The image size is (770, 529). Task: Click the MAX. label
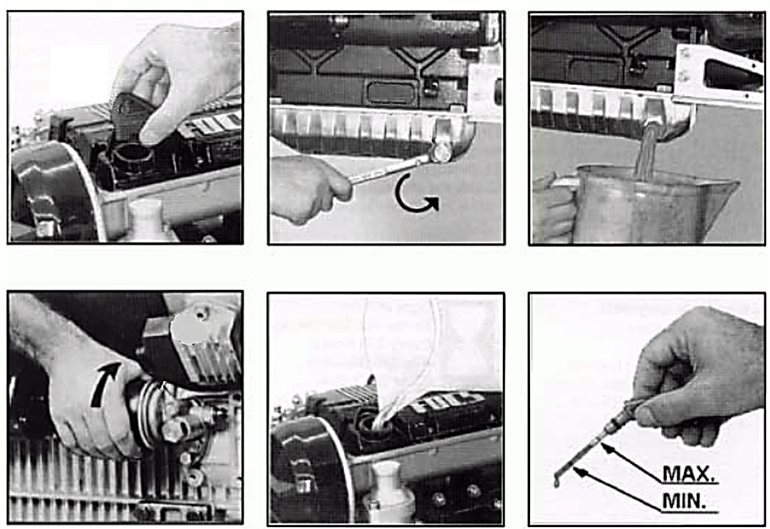pos(689,474)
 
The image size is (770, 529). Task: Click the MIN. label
pos(684,502)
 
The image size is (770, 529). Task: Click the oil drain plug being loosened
pos(441,153)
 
